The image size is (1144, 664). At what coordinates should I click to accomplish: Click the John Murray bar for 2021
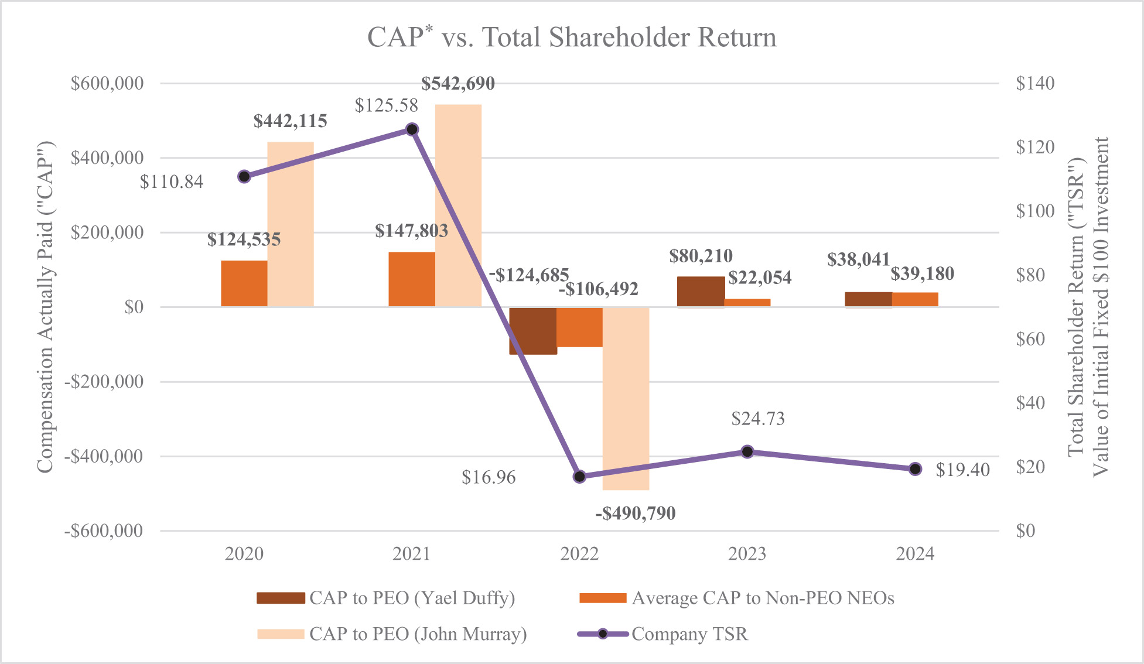(458, 205)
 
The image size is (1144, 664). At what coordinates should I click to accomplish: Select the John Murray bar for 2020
(291, 224)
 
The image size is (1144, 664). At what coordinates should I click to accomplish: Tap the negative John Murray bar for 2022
(626, 398)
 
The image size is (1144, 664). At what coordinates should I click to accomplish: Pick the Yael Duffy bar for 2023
(701, 292)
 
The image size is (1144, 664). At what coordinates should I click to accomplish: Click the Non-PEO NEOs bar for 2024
(915, 299)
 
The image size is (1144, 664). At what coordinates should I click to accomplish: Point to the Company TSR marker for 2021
(412, 129)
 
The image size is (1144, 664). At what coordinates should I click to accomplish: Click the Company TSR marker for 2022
(579, 476)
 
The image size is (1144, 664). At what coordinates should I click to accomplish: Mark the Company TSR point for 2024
(915, 468)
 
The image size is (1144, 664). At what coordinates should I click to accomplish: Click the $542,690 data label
(458, 84)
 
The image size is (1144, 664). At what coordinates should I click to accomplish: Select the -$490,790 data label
(636, 514)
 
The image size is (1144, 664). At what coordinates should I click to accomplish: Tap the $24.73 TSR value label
(757, 419)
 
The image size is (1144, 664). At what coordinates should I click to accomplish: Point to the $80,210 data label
(701, 256)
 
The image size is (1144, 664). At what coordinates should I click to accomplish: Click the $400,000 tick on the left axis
(107, 158)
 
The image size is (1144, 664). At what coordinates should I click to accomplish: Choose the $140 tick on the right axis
(1035, 83)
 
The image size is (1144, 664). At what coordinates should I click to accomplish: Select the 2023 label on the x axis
(747, 554)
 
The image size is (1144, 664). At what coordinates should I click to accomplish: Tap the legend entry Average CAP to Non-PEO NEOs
(737, 598)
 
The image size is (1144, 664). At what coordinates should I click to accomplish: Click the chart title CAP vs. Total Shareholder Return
(572, 37)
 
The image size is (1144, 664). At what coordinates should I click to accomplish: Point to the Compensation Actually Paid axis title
(45, 307)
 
